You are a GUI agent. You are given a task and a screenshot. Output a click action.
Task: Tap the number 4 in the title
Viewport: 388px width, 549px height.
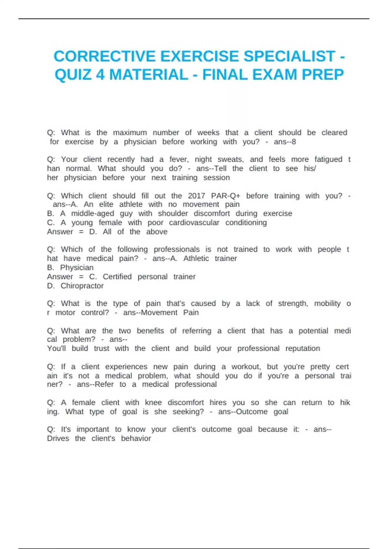[100, 75]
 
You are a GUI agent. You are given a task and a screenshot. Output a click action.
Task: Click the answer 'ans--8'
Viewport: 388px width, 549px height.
[285, 142]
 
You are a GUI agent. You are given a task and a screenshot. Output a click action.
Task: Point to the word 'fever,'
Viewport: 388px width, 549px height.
[179, 160]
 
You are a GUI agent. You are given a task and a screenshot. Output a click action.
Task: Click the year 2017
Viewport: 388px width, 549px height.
[196, 196]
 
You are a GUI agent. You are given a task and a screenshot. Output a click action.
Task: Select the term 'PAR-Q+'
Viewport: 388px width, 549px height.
[225, 196]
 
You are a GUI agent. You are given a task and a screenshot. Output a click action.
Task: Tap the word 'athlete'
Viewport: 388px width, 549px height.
[131, 204]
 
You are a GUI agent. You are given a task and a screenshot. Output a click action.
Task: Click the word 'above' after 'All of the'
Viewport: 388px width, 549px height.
[157, 232]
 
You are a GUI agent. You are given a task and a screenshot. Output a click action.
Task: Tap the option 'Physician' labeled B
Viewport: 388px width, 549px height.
[77, 268]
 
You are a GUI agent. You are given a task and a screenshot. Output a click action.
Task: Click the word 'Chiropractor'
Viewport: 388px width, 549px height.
[82, 286]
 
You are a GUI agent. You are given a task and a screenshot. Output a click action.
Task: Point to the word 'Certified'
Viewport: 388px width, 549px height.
[117, 277]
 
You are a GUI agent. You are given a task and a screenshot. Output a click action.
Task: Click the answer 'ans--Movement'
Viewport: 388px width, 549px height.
[150, 313]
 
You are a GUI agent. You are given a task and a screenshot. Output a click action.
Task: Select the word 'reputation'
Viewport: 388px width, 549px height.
[303, 348]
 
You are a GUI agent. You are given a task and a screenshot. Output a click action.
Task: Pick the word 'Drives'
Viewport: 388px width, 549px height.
[58, 439]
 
